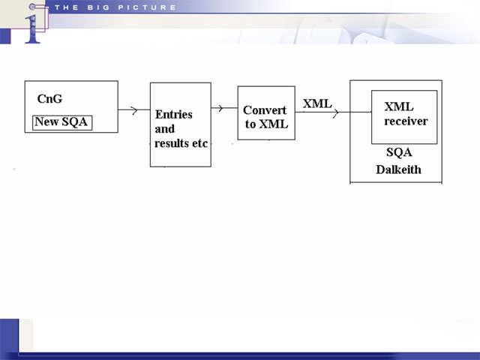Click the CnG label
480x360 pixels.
click(x=50, y=99)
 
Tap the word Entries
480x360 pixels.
click(x=174, y=115)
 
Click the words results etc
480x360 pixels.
click(x=181, y=143)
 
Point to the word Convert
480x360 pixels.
click(x=265, y=110)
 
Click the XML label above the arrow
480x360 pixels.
click(x=317, y=103)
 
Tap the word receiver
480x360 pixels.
click(x=406, y=121)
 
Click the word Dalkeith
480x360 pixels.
click(x=398, y=169)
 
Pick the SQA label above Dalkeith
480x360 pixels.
click(x=399, y=152)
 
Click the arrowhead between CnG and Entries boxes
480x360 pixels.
click(x=134, y=110)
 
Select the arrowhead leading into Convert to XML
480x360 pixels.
click(x=220, y=108)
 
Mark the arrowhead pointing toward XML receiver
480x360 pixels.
click(x=336, y=112)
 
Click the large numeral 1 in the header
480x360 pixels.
click(x=32, y=29)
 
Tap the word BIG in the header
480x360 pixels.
click(x=98, y=7)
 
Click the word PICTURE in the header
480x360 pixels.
click(x=147, y=7)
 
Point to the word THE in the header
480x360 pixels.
click(x=67, y=7)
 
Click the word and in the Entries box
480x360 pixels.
click(x=165, y=129)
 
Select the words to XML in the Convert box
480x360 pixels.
click(x=266, y=124)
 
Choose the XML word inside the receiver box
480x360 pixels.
click(x=399, y=106)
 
